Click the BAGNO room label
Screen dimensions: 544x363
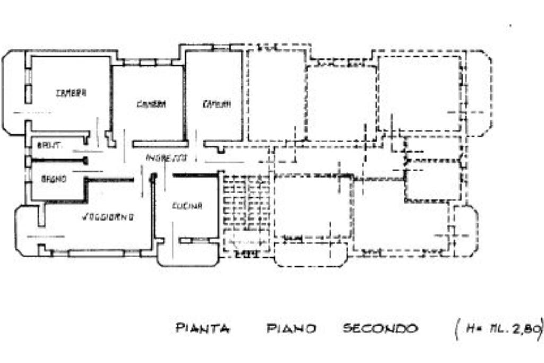pos(54,180)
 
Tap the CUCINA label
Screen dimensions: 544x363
pos(187,207)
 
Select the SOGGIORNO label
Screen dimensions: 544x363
pos(108,217)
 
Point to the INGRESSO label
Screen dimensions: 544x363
pos(166,158)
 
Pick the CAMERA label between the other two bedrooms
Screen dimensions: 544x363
pos(151,105)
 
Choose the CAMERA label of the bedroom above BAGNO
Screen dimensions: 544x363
pos(71,93)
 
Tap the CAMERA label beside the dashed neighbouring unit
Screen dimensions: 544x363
pos(217,105)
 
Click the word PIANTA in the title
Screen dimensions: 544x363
pos(202,329)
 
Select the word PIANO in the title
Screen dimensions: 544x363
pos(291,329)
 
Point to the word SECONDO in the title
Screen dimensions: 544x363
pos(380,328)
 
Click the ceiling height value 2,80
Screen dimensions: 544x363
pos(523,329)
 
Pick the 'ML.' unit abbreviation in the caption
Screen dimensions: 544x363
pos(495,329)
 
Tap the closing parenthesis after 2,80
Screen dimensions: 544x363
pos(540,330)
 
